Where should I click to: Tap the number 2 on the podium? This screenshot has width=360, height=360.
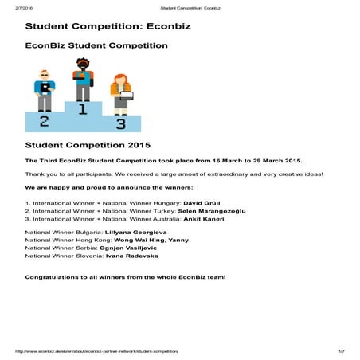(45, 120)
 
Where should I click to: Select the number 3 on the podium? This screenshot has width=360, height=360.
(120, 123)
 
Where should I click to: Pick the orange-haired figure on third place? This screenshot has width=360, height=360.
(121, 94)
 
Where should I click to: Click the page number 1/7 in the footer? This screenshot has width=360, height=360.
(342, 350)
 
